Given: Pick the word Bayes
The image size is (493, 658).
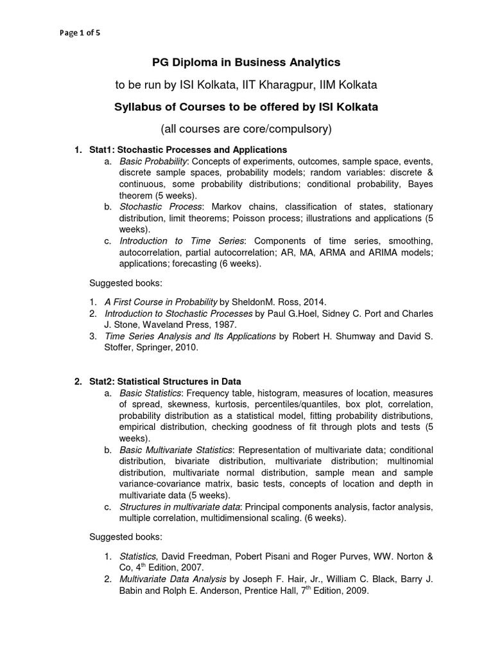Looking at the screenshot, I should (x=419, y=184).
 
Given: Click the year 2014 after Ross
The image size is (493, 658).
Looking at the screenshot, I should (x=315, y=301).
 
